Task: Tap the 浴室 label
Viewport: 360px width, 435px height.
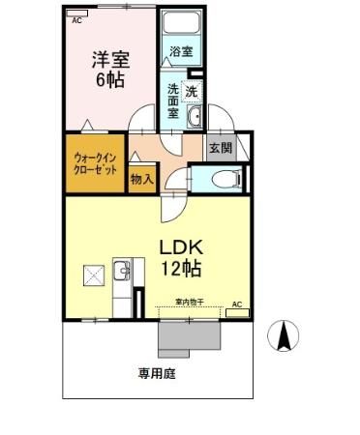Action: point(180,50)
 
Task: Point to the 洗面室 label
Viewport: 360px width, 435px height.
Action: point(173,99)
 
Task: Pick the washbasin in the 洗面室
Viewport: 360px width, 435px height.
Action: point(193,117)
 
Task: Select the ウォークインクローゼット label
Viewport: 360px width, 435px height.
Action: point(95,162)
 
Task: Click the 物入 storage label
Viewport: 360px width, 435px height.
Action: point(141,179)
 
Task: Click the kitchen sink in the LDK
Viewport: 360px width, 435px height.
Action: point(122,271)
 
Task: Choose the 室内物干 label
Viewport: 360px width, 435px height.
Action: point(189,303)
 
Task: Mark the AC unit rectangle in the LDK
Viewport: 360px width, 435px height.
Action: point(238,312)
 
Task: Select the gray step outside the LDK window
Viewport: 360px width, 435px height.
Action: point(190,334)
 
